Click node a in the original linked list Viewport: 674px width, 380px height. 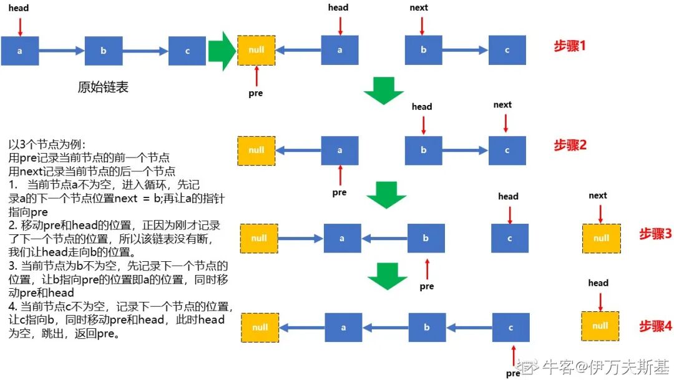20,51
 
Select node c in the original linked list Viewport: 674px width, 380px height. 187,51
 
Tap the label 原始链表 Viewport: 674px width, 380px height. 103,87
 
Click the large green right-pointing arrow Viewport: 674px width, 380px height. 221,51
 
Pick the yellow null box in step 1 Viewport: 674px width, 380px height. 256,50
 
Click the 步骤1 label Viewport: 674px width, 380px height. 570,46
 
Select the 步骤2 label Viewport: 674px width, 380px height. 570,145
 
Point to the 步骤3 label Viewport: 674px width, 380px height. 655,234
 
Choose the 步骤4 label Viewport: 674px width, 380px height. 655,326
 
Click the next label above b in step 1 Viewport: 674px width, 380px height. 419,7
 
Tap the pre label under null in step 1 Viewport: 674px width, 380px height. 256,93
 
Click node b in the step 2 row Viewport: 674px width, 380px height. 423,151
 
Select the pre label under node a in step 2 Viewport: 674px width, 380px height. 339,192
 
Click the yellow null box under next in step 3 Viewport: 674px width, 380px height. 601,238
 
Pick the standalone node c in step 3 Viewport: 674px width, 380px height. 510,238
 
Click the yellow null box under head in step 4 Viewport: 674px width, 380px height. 600,326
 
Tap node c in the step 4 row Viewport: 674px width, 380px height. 511,327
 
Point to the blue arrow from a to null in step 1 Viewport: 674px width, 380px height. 298,50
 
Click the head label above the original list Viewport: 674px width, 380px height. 19,8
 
